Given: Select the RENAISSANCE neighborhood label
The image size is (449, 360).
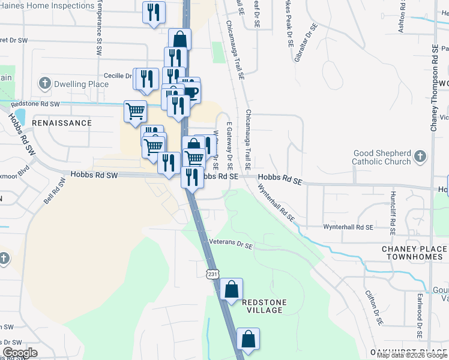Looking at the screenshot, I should click(62, 122).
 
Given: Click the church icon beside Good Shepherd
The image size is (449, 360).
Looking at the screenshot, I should click(420, 157).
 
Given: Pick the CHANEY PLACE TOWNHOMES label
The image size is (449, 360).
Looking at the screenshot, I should click(414, 253).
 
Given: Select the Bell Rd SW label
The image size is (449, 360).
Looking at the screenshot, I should click(53, 193).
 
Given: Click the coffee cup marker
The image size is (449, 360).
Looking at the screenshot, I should click(190, 92).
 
